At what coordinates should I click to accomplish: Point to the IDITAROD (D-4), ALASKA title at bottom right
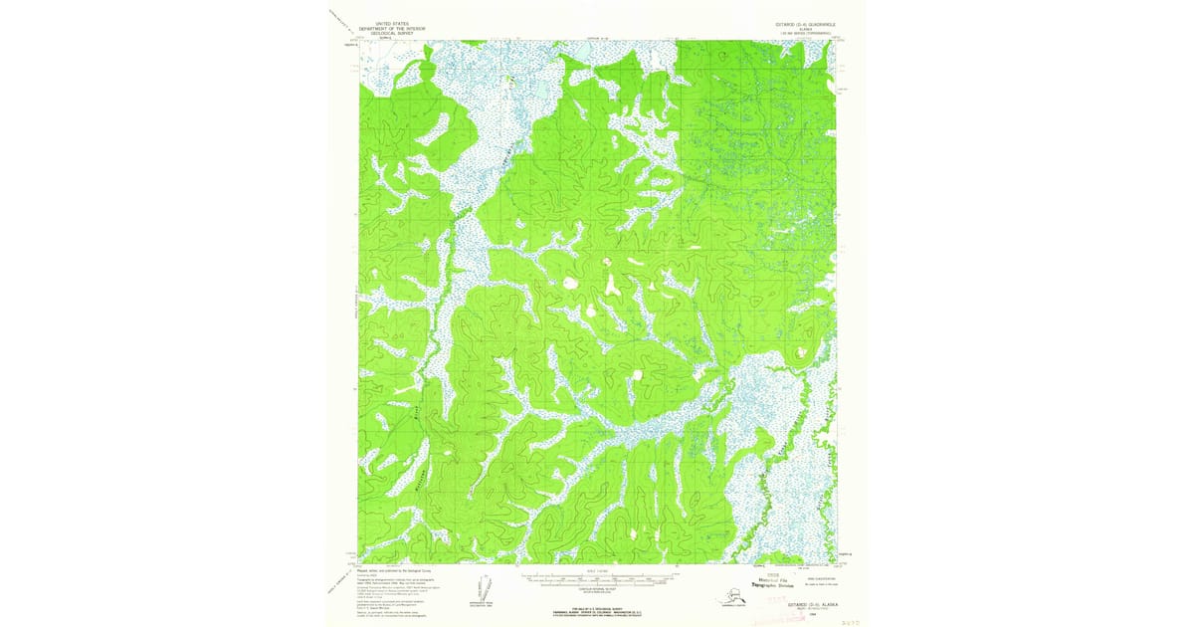[x=806, y=604]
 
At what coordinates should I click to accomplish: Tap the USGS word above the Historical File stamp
[x=759, y=576]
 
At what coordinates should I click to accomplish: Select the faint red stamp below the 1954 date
[x=796, y=619]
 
